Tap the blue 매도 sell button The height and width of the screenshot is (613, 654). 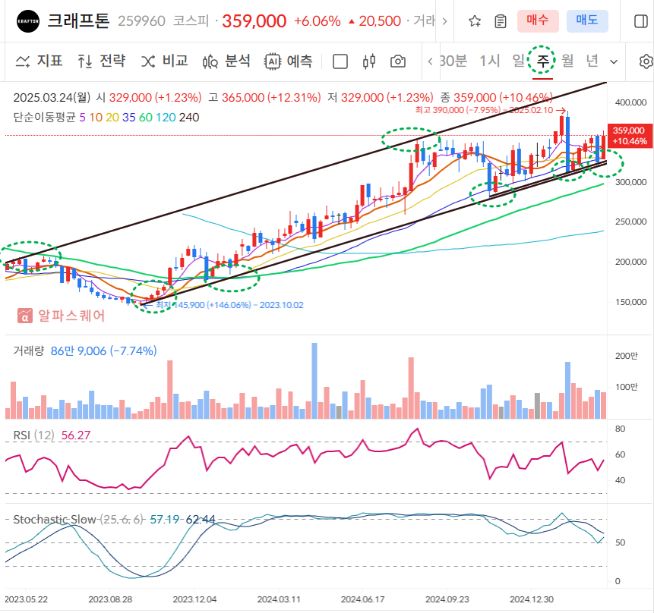587,20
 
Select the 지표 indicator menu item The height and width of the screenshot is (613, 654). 39,61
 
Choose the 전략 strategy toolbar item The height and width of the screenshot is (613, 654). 102,61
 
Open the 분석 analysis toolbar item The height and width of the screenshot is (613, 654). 226,61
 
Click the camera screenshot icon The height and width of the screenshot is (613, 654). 397,61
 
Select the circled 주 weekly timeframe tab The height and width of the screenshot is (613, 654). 542,61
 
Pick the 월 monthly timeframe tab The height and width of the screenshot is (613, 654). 567,61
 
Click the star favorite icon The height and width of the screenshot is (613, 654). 475,21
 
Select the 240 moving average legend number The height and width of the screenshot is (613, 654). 189,117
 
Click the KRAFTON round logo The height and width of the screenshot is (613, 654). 28,20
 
